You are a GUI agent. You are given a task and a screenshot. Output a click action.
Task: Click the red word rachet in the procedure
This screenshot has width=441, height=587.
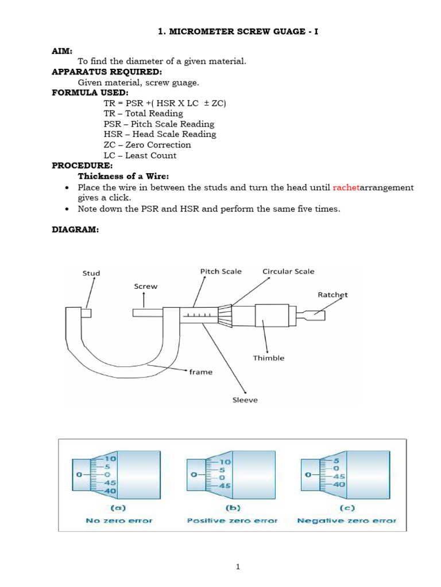(345, 187)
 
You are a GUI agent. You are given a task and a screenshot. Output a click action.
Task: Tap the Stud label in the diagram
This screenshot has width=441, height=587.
(91, 273)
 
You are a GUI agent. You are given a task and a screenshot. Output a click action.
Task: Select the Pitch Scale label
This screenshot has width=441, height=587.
(220, 271)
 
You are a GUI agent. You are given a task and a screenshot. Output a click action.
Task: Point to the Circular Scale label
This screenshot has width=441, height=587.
(288, 271)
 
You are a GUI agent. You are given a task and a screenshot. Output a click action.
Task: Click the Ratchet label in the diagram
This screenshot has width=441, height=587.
(332, 295)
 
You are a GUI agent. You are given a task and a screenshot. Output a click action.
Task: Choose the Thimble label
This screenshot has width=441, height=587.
(269, 358)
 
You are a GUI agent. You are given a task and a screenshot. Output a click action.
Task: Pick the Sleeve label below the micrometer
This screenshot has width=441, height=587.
(245, 400)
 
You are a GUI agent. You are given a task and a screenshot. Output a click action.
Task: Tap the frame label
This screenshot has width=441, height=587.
(200, 372)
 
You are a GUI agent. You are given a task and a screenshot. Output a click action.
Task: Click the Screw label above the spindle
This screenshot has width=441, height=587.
(145, 285)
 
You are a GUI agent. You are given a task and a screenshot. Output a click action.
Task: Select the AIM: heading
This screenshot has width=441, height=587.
(63, 51)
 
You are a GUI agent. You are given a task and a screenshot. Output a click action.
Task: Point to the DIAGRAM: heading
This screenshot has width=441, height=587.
(75, 229)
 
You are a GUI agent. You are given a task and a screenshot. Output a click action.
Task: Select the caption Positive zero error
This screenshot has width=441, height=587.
(232, 521)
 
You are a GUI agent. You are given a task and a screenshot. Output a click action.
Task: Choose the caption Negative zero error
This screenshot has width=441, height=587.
(346, 521)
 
